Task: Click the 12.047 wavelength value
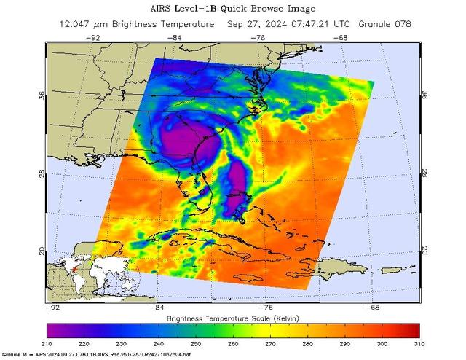(x=75, y=24)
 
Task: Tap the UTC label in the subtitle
(x=355, y=24)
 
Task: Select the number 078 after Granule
(x=403, y=24)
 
